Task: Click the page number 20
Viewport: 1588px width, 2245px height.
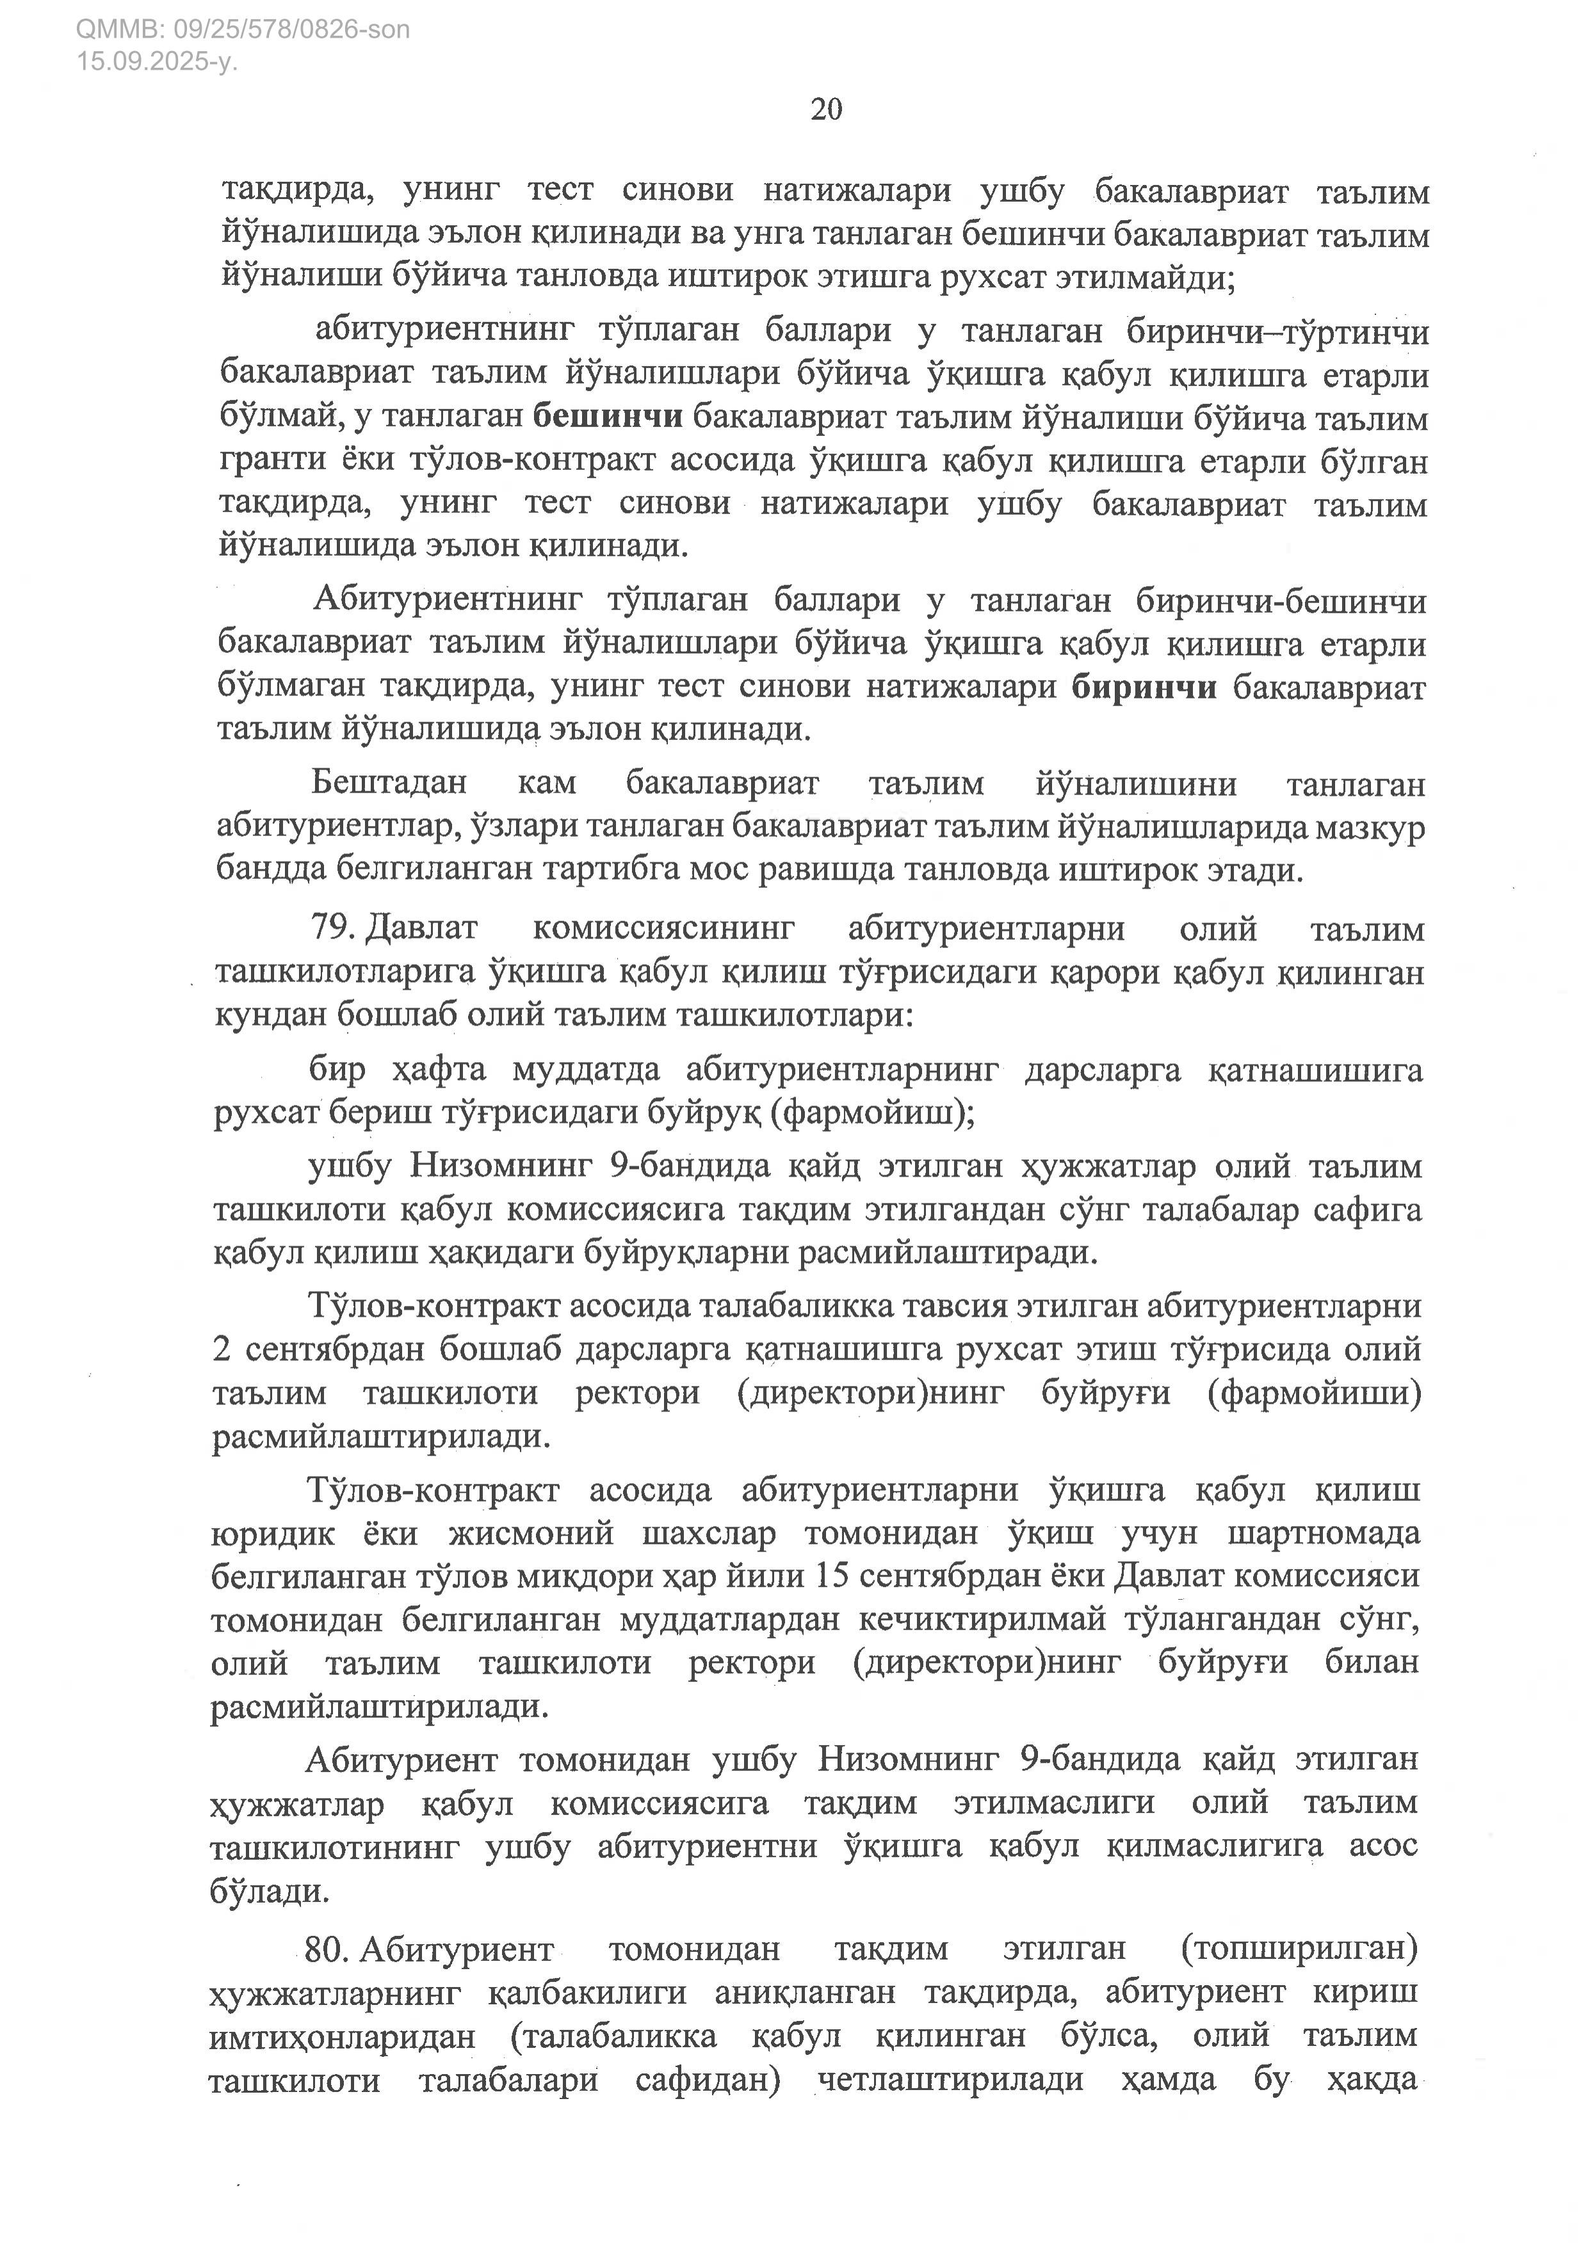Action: [826, 109]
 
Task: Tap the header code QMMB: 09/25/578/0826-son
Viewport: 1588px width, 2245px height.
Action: [243, 30]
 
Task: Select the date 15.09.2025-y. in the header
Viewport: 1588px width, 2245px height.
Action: [158, 61]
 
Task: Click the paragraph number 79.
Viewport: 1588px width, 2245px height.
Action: [332, 928]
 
